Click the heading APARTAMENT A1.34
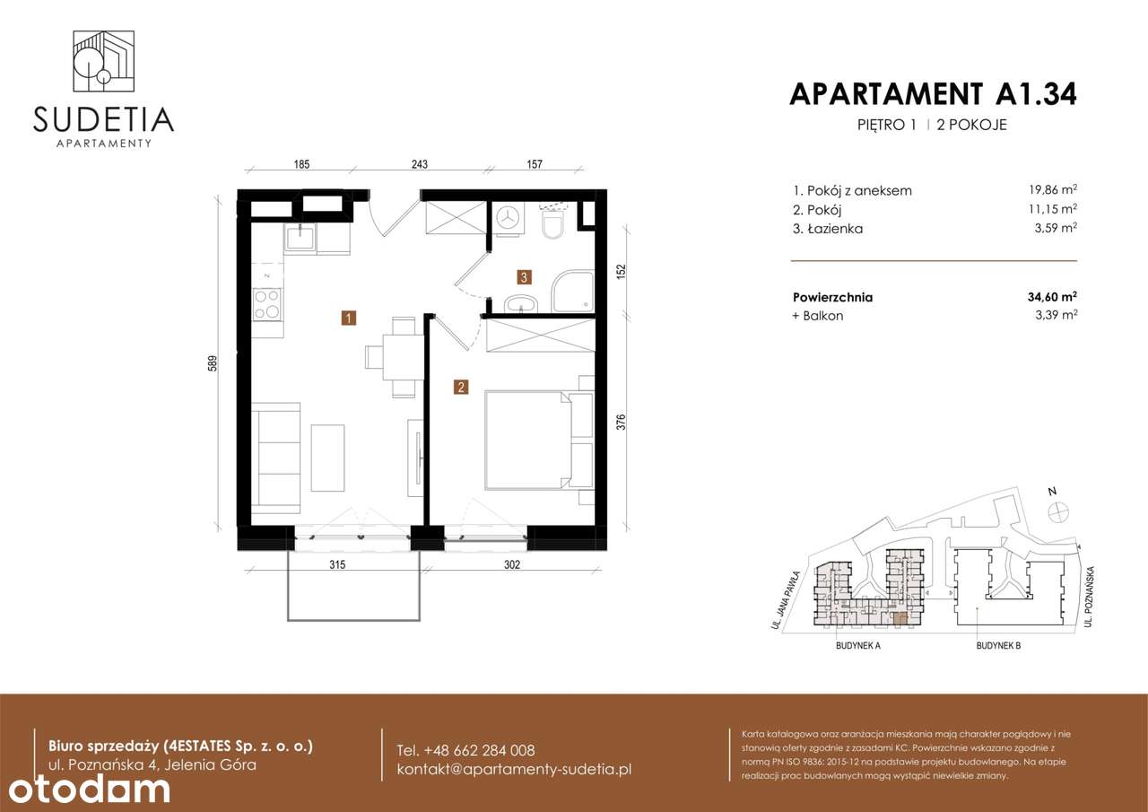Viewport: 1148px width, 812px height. pos(933,93)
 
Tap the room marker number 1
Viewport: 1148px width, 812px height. pos(348,317)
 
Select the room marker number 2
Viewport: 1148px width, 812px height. pos(460,388)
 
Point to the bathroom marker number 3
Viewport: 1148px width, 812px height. pos(524,277)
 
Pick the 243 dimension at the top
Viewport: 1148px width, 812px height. pos(419,164)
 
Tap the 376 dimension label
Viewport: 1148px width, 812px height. pos(621,421)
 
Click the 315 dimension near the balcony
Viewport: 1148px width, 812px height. pos(337,564)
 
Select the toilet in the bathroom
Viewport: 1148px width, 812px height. pos(552,223)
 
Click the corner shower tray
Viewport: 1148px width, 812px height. pos(572,292)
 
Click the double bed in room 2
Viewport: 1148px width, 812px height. pos(529,439)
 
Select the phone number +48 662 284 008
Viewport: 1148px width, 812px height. pos(465,750)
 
